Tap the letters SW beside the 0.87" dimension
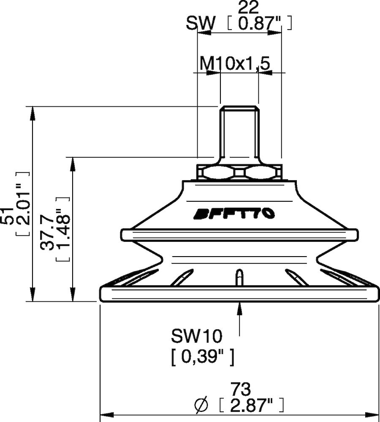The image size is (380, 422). [x=201, y=24]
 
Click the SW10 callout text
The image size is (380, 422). [x=196, y=336]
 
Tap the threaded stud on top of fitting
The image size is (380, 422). [x=239, y=131]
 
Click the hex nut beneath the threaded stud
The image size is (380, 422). [x=239, y=173]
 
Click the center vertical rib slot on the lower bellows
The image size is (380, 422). [x=239, y=277]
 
